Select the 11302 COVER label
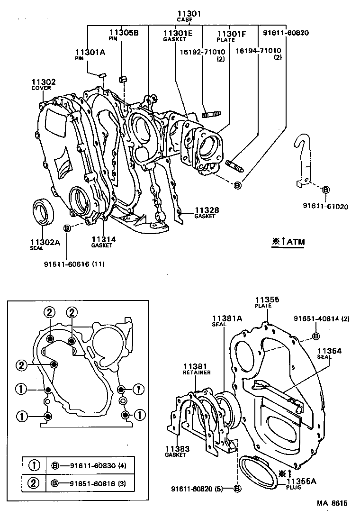click(x=44, y=84)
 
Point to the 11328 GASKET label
click(x=205, y=213)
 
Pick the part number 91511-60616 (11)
click(x=74, y=263)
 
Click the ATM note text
click(x=288, y=242)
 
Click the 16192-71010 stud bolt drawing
click(x=212, y=114)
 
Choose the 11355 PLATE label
click(x=267, y=302)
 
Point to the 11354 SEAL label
click(x=330, y=353)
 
